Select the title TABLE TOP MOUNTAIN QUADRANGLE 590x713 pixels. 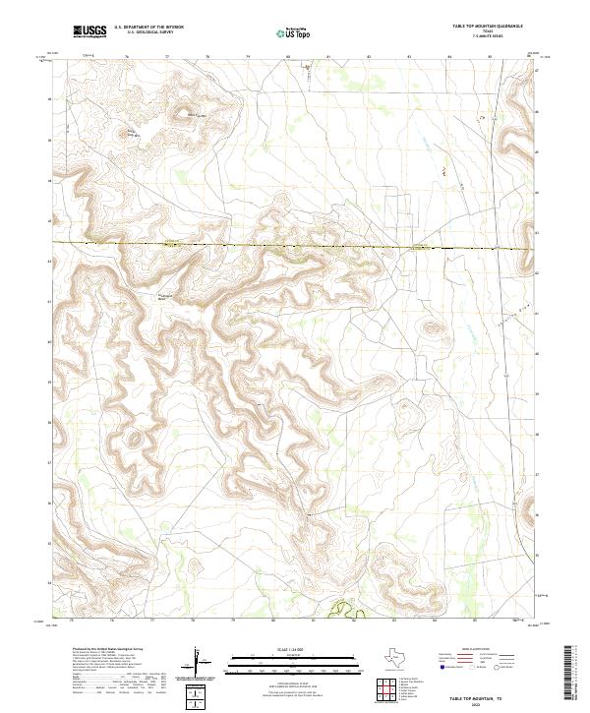click(487, 25)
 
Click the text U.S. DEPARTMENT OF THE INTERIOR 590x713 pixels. click(148, 27)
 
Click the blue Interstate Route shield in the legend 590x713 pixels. click(443, 666)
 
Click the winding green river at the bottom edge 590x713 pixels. click(340, 613)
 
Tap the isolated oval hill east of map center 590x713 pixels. click(430, 329)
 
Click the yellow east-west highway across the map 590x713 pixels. click(295, 247)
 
